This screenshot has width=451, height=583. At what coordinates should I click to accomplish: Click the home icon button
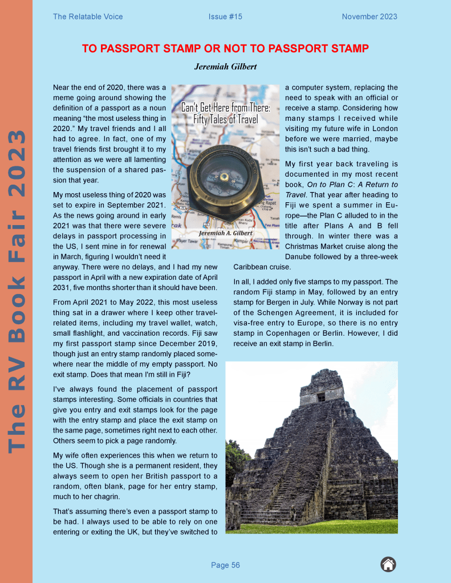point(388,565)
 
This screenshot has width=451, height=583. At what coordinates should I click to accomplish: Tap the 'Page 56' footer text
point(225,565)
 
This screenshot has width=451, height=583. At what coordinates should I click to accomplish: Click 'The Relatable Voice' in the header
point(88,17)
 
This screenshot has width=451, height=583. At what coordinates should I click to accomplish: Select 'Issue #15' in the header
point(225,17)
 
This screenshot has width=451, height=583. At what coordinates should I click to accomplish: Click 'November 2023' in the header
point(369,17)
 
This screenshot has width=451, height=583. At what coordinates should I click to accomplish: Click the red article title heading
point(225,48)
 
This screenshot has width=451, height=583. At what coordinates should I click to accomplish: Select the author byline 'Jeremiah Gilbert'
point(225,67)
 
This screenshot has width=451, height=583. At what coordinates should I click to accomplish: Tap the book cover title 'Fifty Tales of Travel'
point(225,120)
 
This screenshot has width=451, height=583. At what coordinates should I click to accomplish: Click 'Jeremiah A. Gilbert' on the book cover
point(225,233)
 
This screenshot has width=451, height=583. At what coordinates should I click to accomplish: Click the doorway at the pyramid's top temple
point(321,397)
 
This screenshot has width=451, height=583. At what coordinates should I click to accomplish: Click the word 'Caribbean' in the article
point(251,266)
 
